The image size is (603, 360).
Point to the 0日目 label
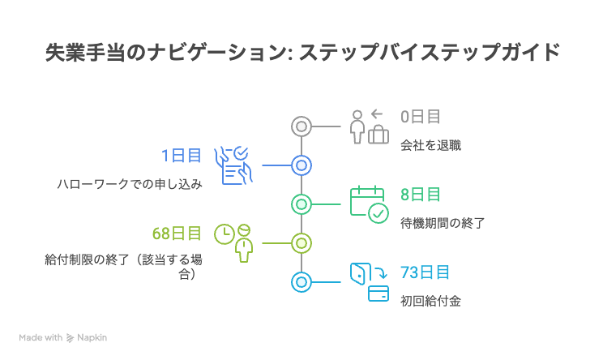421,117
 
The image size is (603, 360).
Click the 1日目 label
182,156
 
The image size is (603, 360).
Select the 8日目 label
421,195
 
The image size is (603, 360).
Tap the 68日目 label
177,234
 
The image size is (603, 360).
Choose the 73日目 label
425,272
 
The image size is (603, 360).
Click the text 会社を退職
430,145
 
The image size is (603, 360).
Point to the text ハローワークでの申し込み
130,184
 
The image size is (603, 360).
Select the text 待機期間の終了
443,223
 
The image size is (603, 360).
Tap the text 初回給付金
430,301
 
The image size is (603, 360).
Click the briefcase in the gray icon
378,135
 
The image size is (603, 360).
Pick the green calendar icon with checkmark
370,204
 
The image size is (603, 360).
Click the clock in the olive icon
225,234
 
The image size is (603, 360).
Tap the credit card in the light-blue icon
378,294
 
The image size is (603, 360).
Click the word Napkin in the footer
92,337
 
